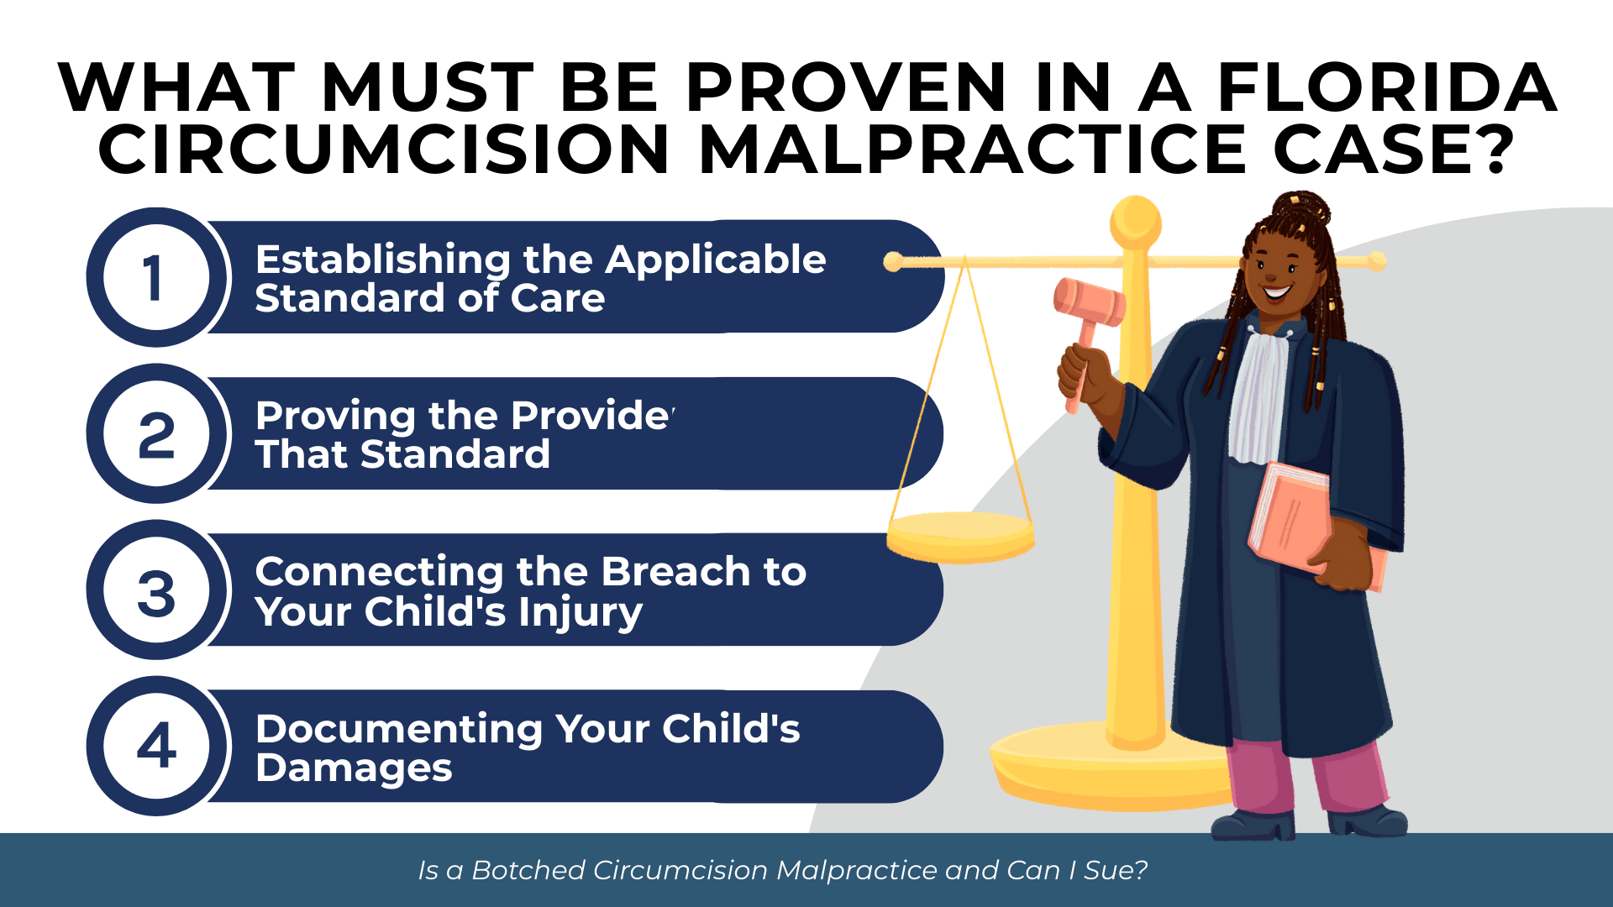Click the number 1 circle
pyautogui.click(x=156, y=277)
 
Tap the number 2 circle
pyautogui.click(x=156, y=434)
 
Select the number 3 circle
pyautogui.click(x=156, y=591)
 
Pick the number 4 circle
pyautogui.click(x=156, y=746)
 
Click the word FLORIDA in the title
pyautogui.click(x=1387, y=87)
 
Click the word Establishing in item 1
pyautogui.click(x=382, y=260)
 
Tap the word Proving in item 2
pyautogui.click(x=335, y=417)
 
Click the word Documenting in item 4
pyautogui.click(x=399, y=729)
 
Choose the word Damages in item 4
pyautogui.click(x=354, y=768)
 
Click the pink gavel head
pyautogui.click(x=1090, y=302)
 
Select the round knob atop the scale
pyautogui.click(x=1136, y=220)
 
